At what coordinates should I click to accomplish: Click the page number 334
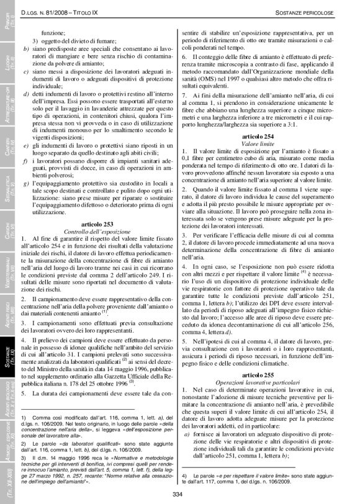(x=180, y=493)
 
